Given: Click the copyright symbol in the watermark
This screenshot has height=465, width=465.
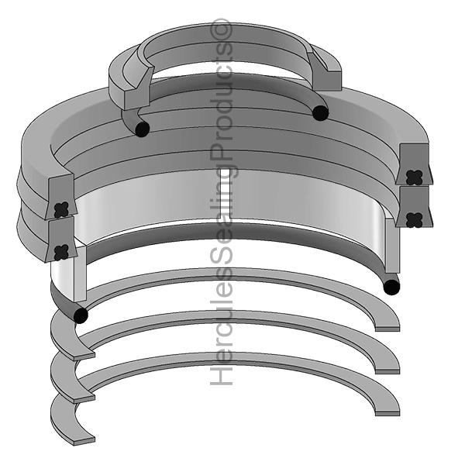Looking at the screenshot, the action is (221, 29).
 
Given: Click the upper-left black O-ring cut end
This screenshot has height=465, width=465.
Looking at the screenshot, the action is (142, 129).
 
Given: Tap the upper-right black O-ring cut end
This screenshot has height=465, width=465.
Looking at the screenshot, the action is (321, 113).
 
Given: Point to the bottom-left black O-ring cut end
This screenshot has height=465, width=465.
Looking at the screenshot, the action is (81, 315).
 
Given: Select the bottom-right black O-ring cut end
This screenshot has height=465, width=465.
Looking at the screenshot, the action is (391, 287).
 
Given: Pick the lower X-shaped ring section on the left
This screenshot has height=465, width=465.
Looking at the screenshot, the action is (61, 253).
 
